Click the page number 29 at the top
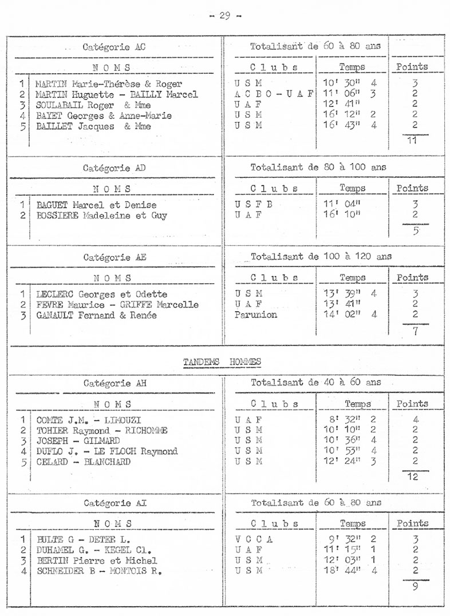tap(224, 15)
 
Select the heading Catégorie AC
tap(114, 47)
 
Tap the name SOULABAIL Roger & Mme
tap(93, 105)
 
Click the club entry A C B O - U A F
tap(274, 94)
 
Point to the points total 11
tap(412, 140)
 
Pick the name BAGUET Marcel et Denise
tap(96, 205)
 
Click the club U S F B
tap(254, 205)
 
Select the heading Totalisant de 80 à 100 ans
tap(318, 168)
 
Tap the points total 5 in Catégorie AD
tap(416, 230)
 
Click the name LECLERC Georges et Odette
tap(102, 294)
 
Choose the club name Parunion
tap(256, 315)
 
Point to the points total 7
tap(416, 331)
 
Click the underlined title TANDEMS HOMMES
tap(222, 361)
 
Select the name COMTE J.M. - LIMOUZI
tap(89, 420)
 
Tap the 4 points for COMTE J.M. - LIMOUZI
tap(416, 420)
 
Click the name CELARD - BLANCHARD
tap(84, 462)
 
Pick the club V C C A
tap(254, 539)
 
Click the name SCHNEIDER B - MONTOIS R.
tap(100, 571)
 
